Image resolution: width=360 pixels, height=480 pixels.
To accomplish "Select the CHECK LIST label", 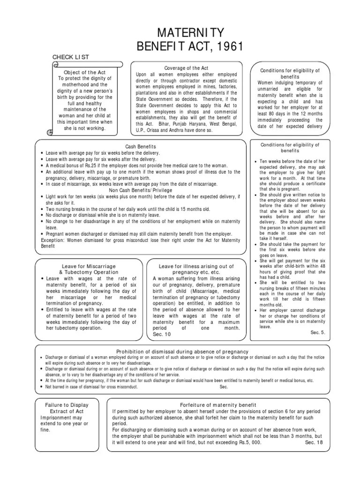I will pos(70,57).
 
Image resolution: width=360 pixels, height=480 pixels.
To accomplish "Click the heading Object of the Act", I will pos(85,73).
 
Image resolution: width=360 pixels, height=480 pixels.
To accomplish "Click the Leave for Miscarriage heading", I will pos(89,266).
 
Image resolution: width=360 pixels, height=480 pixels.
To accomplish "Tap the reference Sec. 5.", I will pos(317,332).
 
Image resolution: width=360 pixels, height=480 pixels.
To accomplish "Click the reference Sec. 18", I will pos(315,442).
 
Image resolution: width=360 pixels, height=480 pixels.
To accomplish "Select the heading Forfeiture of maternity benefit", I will pos(218,405).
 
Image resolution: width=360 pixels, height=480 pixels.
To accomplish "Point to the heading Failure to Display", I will pos(67,405).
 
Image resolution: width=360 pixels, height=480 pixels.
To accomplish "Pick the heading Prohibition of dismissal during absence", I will pos(183,352).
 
